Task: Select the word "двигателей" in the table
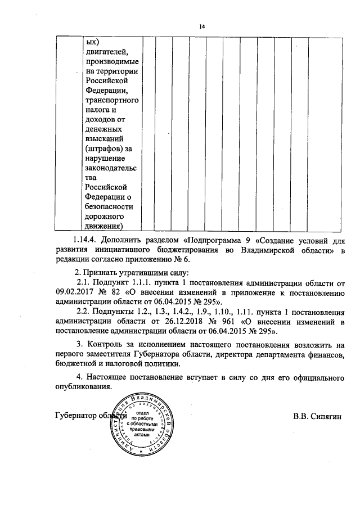tap(105, 52)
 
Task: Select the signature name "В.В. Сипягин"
tap(317, 416)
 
